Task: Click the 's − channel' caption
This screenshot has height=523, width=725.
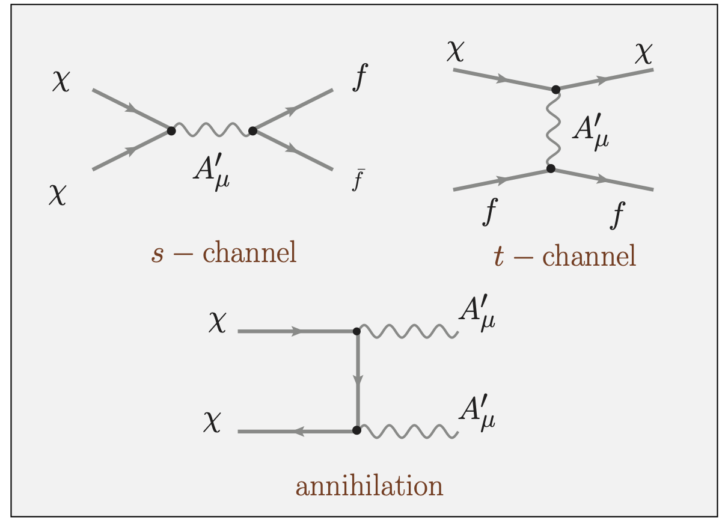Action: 224,253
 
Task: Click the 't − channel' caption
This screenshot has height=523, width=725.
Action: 564,257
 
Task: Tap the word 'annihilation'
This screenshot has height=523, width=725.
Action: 369,486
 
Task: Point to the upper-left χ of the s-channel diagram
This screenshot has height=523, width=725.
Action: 61,82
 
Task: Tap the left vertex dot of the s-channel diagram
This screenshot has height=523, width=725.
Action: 171,130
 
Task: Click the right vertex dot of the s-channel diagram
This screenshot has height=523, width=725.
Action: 252,130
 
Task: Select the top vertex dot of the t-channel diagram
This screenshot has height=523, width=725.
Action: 555,90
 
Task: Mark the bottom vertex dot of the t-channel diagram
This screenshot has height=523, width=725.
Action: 551,169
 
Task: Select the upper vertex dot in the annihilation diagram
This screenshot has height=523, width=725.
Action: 356,331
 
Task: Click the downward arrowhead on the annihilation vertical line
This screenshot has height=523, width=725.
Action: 358,380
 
